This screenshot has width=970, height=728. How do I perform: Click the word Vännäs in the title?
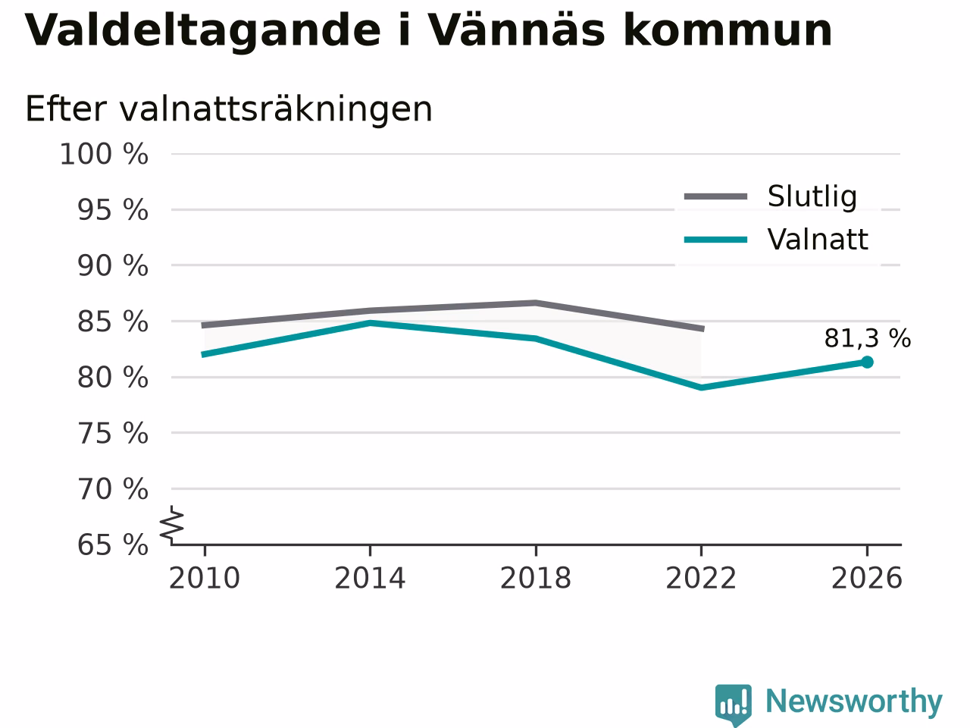pos(516,30)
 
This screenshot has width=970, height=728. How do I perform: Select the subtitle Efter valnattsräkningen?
pos(229,109)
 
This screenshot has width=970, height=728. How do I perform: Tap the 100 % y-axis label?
pos(104,154)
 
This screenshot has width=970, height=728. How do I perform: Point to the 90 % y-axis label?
pos(113,265)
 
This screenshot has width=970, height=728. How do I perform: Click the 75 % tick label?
pos(113,433)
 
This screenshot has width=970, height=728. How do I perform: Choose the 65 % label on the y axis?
pos(113,544)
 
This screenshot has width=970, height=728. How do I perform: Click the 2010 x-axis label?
pos(204,578)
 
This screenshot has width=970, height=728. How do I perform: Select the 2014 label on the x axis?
pos(370,578)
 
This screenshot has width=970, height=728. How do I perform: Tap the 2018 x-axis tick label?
pos(536,578)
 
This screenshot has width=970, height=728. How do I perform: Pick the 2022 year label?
pos(701,578)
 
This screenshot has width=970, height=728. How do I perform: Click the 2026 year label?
pos(867,578)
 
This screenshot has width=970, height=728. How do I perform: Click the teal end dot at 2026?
pos(867,362)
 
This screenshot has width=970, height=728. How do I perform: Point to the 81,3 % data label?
pos(868,338)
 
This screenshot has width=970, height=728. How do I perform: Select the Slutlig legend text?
pos(812,196)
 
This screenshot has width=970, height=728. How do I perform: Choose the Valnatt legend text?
pos(818,240)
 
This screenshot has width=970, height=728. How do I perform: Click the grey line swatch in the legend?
pos(715,196)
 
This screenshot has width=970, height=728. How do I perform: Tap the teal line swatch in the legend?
pos(715,240)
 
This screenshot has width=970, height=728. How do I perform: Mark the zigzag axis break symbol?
pos(171,525)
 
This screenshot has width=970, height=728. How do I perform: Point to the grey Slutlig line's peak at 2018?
pos(536,303)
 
